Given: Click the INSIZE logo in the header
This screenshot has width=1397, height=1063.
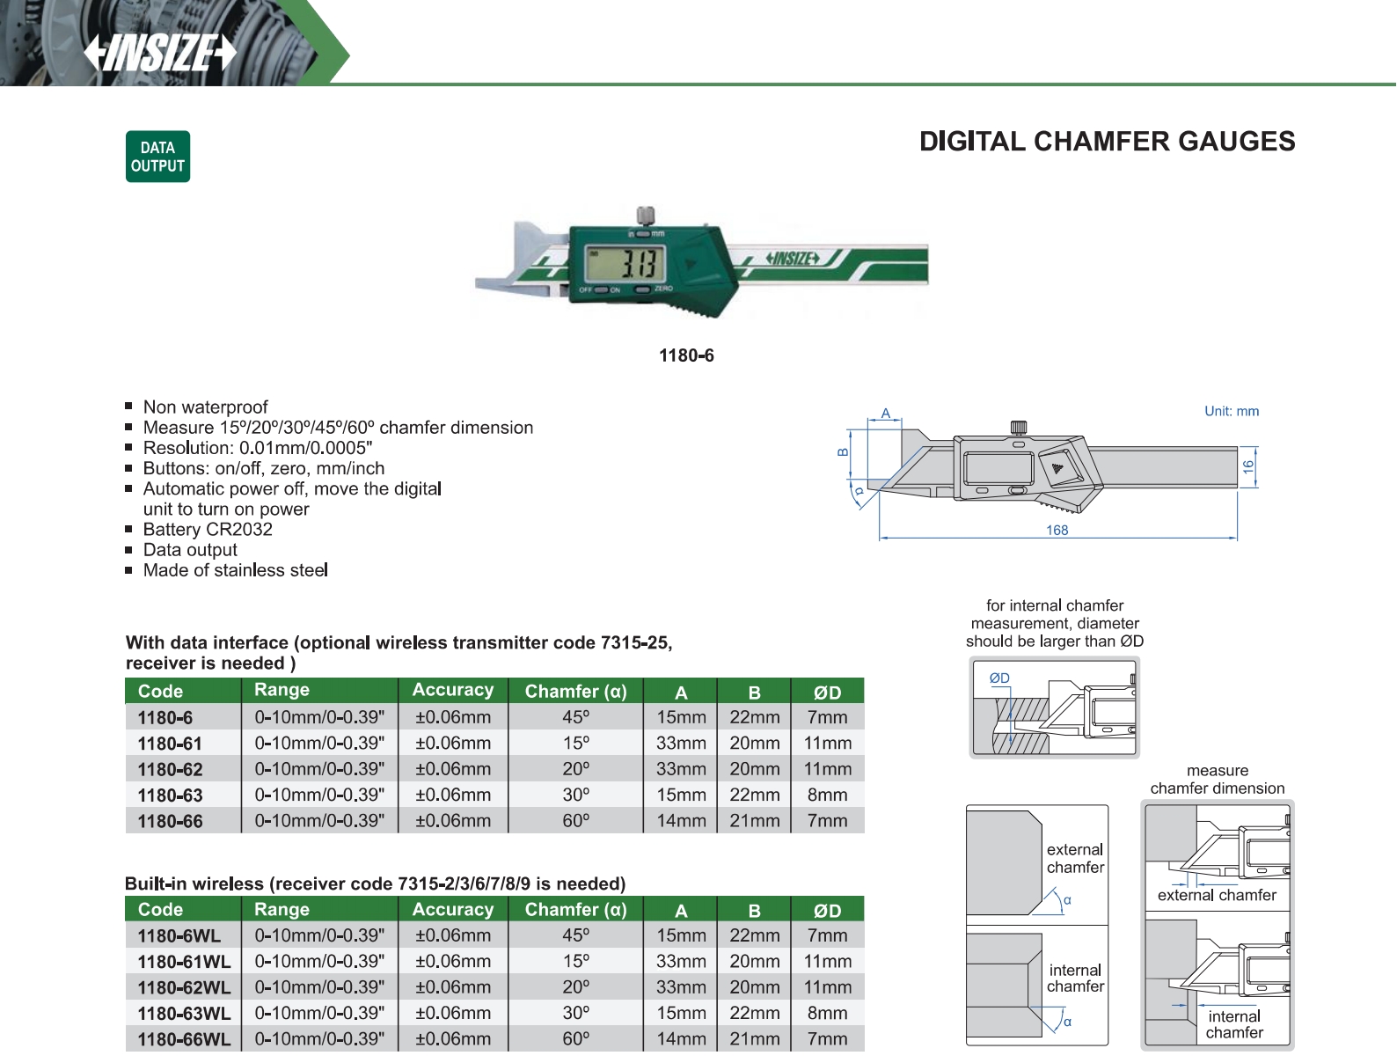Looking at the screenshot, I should (x=160, y=52).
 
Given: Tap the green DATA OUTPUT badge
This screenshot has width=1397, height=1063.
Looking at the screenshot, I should (x=157, y=157).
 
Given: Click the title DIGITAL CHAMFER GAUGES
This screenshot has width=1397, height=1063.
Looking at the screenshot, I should (x=1107, y=142).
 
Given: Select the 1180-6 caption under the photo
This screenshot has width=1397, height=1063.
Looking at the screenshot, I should (x=686, y=356).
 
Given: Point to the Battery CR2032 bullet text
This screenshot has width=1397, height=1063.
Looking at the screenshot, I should (x=208, y=530).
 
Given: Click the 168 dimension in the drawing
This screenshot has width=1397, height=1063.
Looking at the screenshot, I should (x=1057, y=531).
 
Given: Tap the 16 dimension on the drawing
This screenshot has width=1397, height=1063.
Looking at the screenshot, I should (x=1247, y=466).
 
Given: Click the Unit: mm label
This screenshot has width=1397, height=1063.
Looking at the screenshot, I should (x=1231, y=411).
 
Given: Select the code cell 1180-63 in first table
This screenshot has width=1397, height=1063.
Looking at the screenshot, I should (x=170, y=795).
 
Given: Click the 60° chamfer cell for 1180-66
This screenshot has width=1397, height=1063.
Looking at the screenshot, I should (x=576, y=821).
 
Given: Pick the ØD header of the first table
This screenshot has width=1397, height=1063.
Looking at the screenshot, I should (x=827, y=693).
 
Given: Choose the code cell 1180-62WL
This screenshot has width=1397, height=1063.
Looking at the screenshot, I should (x=184, y=987).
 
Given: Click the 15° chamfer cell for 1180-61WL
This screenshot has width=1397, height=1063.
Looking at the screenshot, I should (x=576, y=962).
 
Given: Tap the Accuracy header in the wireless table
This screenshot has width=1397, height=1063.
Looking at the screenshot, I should (x=453, y=909).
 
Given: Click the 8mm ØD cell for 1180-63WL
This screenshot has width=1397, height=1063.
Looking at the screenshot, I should (x=827, y=1013).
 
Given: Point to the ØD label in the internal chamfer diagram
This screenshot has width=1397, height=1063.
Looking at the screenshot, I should (x=999, y=678).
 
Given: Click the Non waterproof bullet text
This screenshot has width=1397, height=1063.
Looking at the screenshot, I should (x=205, y=407).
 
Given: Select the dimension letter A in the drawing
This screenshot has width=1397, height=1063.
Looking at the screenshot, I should (x=886, y=414).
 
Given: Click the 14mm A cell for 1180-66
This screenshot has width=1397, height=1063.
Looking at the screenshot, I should (x=681, y=821).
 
